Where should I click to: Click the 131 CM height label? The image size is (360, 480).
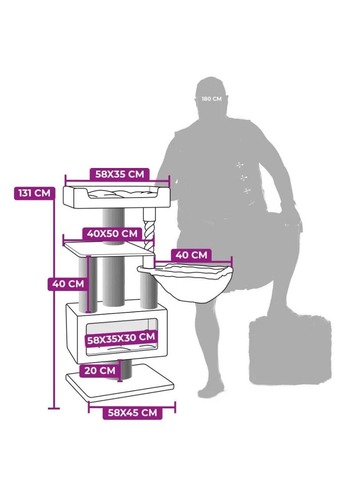pyautogui.click(x=35, y=193)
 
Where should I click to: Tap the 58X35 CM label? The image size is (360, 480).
pyautogui.click(x=120, y=174)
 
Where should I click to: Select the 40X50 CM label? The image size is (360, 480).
pyautogui.click(x=112, y=234)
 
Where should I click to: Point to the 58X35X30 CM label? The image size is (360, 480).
pyautogui.click(x=121, y=339)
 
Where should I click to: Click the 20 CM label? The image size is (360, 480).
pyautogui.click(x=100, y=370)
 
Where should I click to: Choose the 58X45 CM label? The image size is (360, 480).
pyautogui.click(x=132, y=412)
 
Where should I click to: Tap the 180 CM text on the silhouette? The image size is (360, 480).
pyautogui.click(x=212, y=99)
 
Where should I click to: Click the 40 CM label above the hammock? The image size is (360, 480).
pyautogui.click(x=191, y=255)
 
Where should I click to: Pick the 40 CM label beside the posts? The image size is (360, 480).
pyautogui.click(x=68, y=284)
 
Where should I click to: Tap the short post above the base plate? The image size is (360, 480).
pyautogui.click(x=125, y=370)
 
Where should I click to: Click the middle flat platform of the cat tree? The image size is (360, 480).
pyautogui.click(x=109, y=249)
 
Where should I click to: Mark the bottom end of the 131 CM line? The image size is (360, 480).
pyautogui.click(x=54, y=408)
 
